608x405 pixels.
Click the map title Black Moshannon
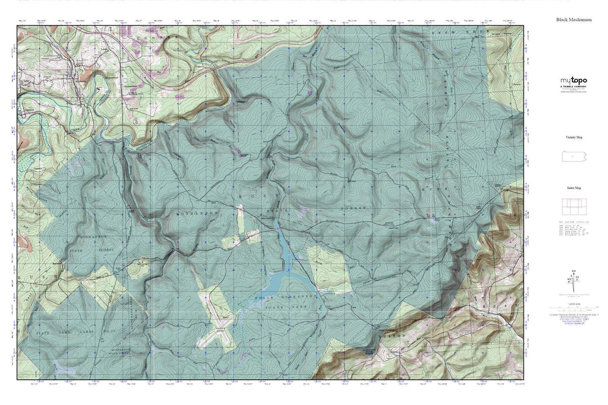573,19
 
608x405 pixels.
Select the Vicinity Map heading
573,137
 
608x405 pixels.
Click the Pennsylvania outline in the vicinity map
573,156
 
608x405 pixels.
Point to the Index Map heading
573,188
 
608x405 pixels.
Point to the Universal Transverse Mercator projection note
573,315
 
